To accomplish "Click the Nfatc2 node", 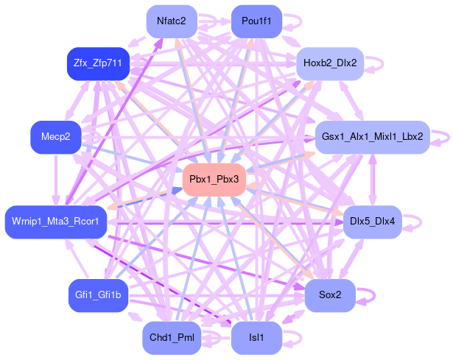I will pos(172,21).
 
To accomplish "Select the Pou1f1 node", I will pos(256,21).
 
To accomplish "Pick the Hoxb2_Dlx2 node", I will pos(329,63).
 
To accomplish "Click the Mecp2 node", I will pos(55,137).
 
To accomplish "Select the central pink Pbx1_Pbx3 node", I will pos(214,180).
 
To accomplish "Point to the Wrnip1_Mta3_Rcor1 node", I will pos(56,222).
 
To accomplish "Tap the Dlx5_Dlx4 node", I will pos(372,222).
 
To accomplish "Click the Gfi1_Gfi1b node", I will pos(98,295).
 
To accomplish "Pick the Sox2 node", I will pos(330,295).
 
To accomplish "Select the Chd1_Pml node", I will pos(172,338).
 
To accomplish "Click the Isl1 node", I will pos(256,338).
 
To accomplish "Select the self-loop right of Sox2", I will pos(366,295).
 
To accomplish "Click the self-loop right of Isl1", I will pos(292,338).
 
